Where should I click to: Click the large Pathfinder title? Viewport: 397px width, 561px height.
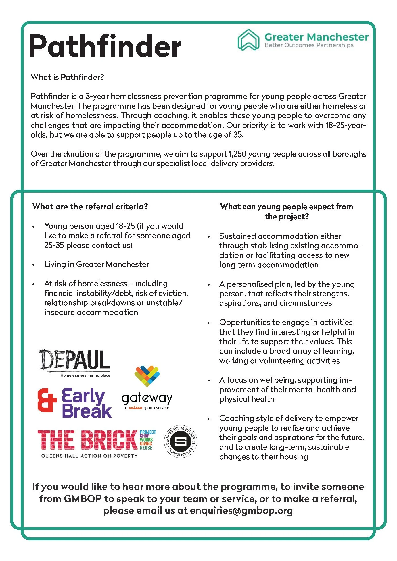[105, 46]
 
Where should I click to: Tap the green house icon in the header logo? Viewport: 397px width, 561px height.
[248, 40]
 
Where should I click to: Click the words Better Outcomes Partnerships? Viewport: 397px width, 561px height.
[309, 45]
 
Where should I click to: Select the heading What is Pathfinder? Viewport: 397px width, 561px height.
[67, 77]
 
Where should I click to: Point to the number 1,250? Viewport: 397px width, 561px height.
[237, 154]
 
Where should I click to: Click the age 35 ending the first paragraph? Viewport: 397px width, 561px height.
[238, 135]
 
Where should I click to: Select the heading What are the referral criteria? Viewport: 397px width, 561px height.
[90, 207]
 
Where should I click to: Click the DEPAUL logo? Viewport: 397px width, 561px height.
[74, 360]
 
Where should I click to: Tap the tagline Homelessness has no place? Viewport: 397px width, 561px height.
[85, 375]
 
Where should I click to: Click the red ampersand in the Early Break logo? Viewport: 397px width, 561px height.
[47, 400]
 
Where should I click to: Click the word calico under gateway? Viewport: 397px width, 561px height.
[135, 408]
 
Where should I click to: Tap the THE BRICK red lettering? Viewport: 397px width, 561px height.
[87, 440]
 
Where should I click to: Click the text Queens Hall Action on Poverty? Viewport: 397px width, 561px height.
[89, 456]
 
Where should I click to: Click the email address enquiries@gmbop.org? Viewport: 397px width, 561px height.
[241, 510]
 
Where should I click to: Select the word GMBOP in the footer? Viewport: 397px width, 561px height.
[83, 499]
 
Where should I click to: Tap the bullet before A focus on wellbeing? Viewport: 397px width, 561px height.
[209, 381]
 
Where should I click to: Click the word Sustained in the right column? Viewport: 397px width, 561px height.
[237, 236]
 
